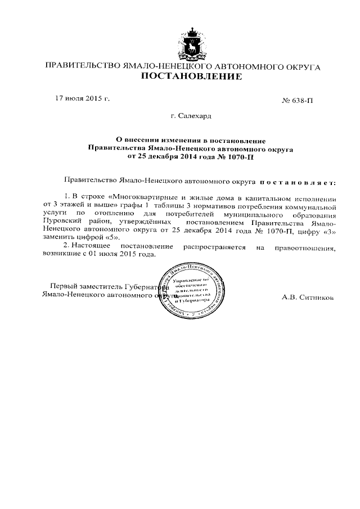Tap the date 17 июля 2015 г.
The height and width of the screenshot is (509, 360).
click(82, 98)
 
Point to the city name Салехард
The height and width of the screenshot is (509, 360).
click(194, 116)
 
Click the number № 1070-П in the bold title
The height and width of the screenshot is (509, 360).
click(235, 157)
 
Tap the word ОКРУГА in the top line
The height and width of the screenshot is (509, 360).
click(303, 67)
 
